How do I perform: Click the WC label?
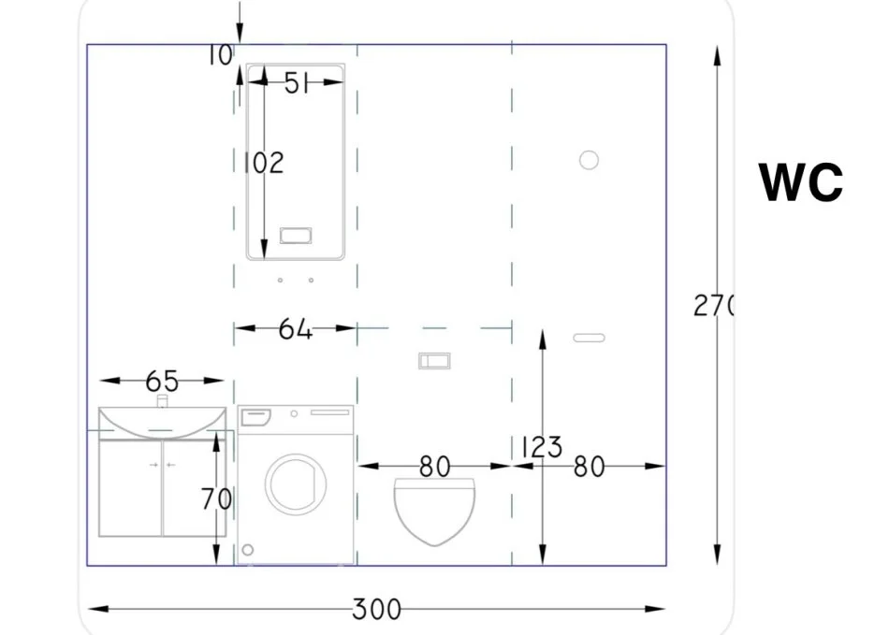800,182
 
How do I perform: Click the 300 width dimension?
376,610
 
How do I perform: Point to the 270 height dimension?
713,306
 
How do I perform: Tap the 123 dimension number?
542,447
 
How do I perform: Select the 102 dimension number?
264,163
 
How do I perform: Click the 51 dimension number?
296,83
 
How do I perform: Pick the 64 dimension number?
296,329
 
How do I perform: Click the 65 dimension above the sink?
162,382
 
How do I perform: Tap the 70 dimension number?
216,499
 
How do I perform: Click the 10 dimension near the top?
219,55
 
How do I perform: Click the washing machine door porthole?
296,484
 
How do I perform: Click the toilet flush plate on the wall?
434,361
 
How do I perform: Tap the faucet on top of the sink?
162,401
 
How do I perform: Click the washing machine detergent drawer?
255,417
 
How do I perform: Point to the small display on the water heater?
296,235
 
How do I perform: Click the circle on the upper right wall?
589,160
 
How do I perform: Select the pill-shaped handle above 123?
589,338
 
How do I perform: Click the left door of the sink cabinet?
130,488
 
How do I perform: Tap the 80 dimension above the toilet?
435,467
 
